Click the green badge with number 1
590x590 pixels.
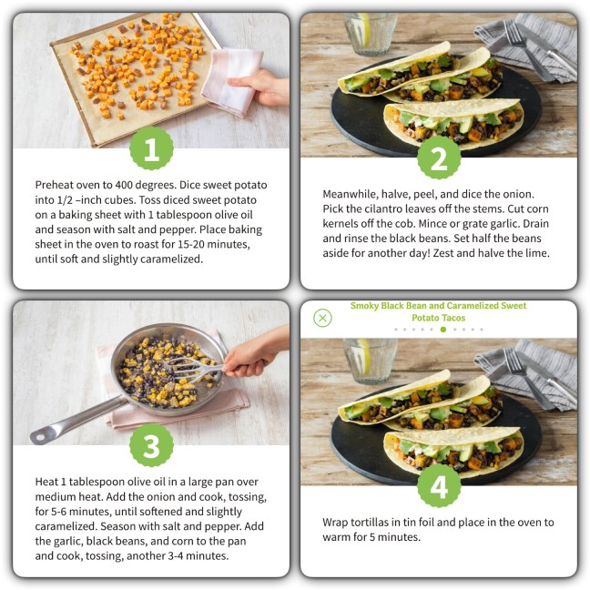(x=151, y=148)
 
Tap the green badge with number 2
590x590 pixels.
(x=439, y=158)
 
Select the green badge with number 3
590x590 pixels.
(x=151, y=445)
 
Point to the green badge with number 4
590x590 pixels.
(x=439, y=486)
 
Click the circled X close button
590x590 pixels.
(x=322, y=318)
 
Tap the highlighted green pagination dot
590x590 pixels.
(x=443, y=330)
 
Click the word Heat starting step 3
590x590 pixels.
(x=46, y=482)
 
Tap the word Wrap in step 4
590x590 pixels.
(x=335, y=523)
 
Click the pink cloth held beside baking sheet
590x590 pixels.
(x=232, y=80)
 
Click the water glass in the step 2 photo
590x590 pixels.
(x=370, y=34)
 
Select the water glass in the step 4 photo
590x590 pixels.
(x=370, y=361)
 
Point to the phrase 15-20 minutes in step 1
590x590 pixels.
(x=213, y=244)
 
